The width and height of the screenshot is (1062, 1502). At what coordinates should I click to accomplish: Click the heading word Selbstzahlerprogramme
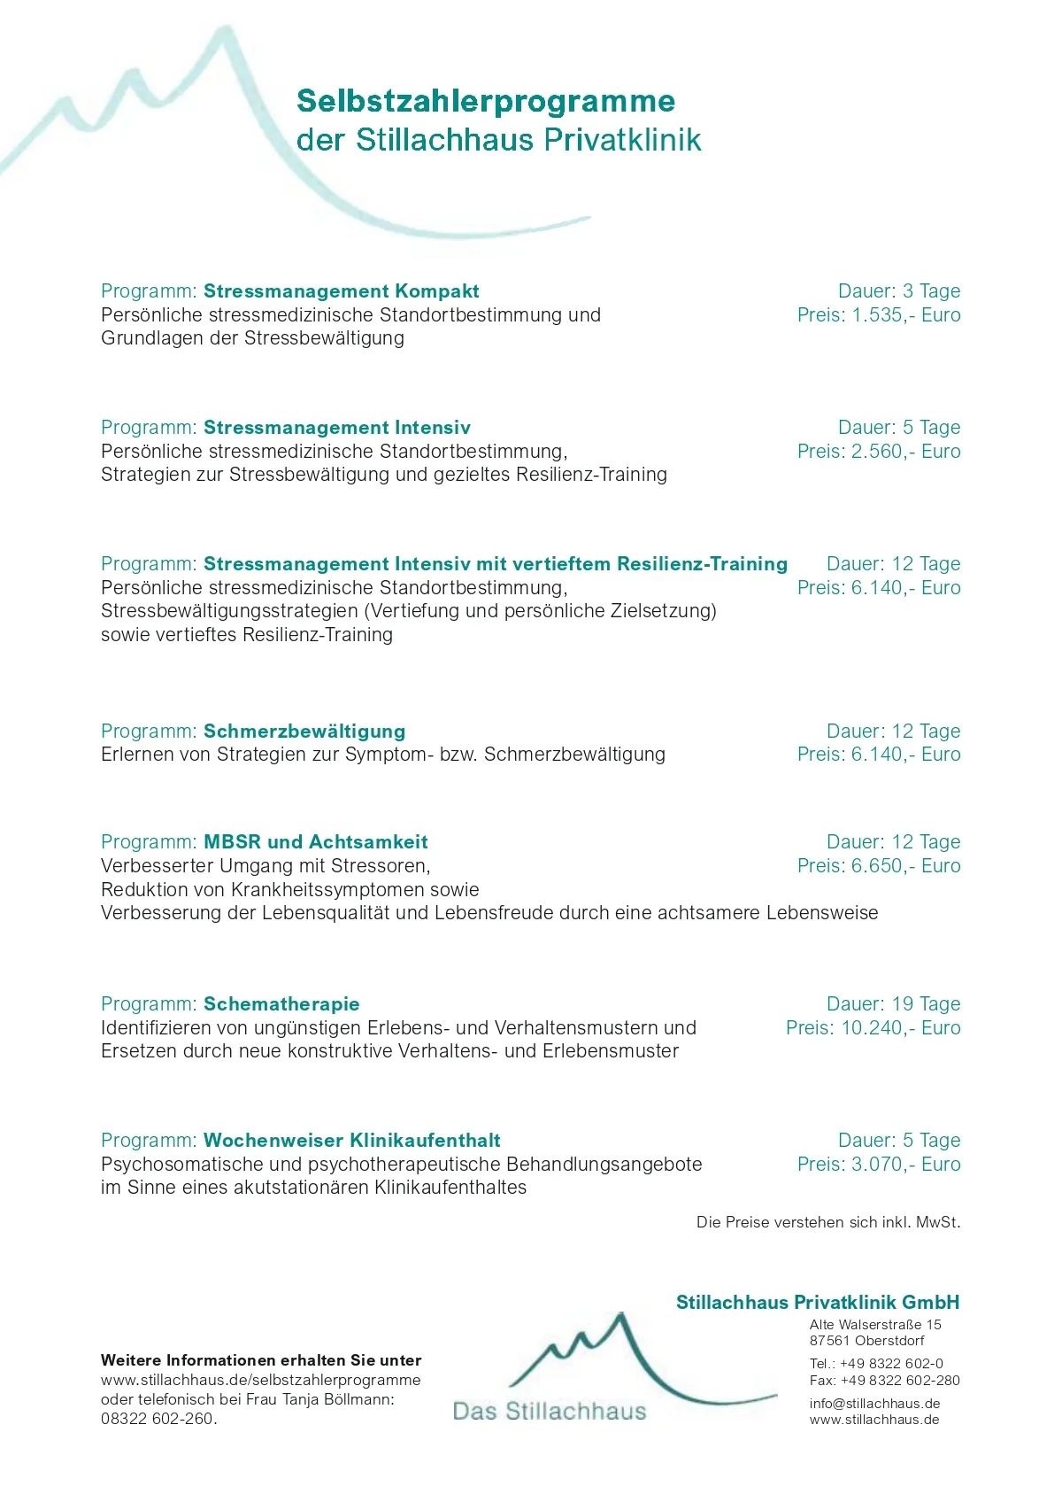(x=485, y=102)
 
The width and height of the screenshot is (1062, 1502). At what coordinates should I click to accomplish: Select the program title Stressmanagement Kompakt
(x=341, y=291)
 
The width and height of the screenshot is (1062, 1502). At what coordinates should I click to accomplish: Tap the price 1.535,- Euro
(x=905, y=315)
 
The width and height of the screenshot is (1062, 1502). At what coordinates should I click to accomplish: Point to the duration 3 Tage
(x=931, y=291)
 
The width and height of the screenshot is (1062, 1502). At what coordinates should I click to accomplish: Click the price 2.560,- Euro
(x=905, y=452)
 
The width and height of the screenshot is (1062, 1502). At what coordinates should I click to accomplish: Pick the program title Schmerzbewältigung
(x=304, y=732)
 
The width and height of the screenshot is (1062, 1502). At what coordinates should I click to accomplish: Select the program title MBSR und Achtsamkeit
(x=316, y=842)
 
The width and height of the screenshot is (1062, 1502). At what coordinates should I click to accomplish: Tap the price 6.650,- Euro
(x=905, y=866)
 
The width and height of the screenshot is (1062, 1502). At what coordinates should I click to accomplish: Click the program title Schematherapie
(x=281, y=1004)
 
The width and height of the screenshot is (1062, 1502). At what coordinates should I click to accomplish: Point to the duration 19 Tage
(x=926, y=1004)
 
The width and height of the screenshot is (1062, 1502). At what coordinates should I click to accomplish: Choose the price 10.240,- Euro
(x=900, y=1028)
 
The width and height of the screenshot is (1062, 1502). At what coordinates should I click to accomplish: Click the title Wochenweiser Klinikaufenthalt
(x=351, y=1141)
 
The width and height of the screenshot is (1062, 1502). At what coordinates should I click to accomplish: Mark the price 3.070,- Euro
(x=905, y=1165)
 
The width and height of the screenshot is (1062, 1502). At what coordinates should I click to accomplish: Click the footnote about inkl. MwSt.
(x=827, y=1223)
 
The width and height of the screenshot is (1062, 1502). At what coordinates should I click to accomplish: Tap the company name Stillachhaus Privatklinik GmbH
(x=817, y=1303)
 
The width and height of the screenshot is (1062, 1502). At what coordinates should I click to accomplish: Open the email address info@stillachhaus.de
(x=874, y=1404)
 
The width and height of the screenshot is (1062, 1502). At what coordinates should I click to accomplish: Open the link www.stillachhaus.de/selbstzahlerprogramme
(x=260, y=1380)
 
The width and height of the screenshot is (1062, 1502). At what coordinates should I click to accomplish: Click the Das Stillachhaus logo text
(x=550, y=1412)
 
